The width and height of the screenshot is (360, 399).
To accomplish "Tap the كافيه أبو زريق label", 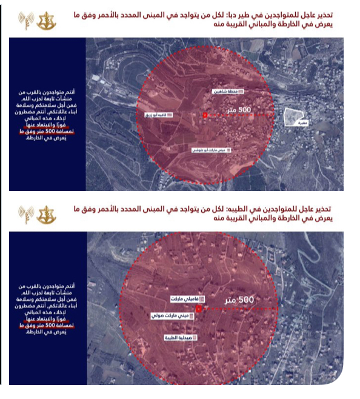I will click(x=158, y=114).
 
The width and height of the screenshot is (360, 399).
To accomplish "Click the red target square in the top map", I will click(x=205, y=115).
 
